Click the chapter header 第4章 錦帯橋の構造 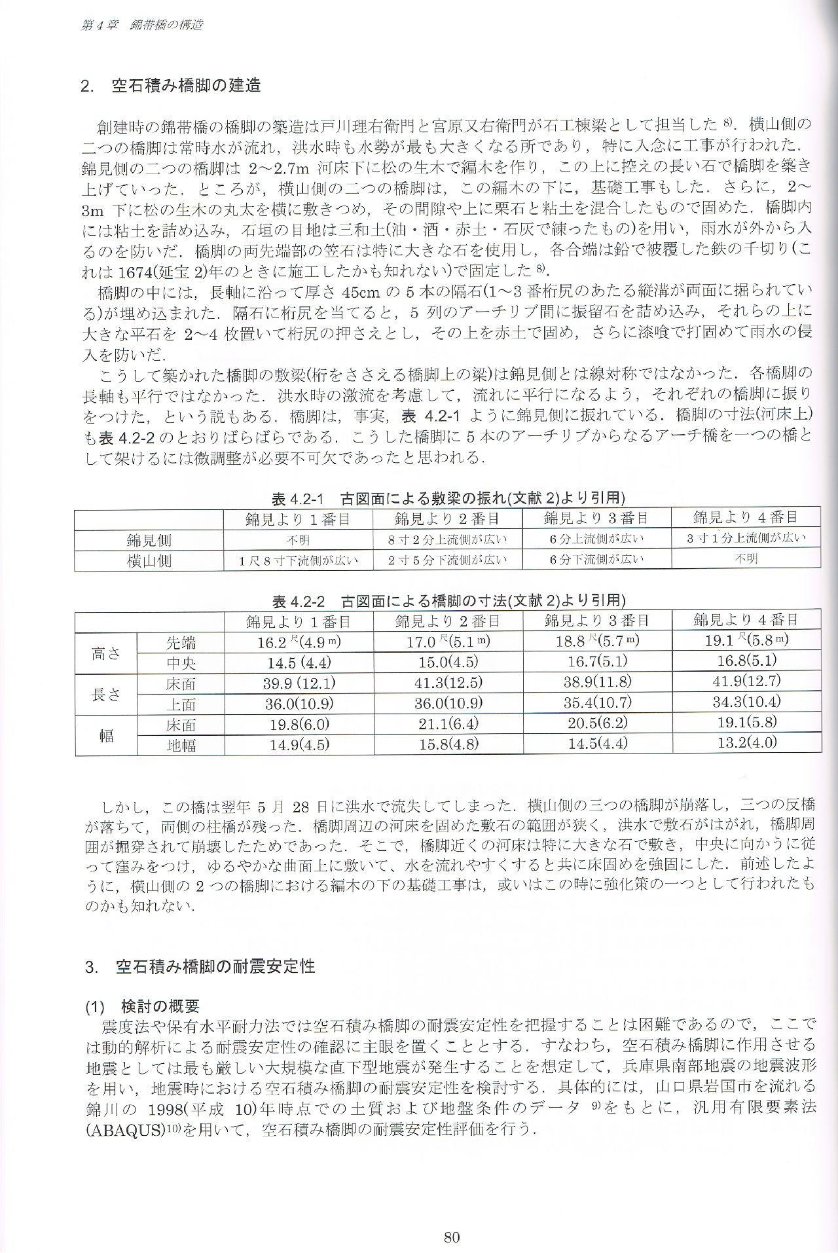(141, 25)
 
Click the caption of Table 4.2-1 (448, 499)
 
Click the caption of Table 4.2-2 (448, 600)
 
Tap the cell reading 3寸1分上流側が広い (746, 538)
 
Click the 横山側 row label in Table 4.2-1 (149, 560)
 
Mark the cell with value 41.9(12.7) (746, 681)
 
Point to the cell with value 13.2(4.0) (746, 743)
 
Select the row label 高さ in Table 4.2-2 (106, 652)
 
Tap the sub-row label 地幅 (181, 744)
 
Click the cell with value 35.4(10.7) (597, 702)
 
